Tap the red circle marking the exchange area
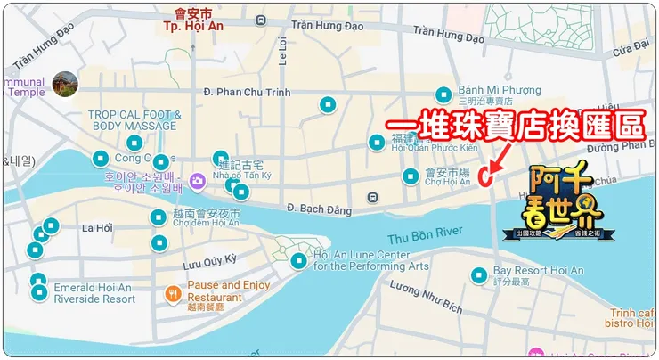(486, 176)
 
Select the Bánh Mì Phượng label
(500, 90)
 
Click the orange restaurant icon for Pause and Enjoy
(172, 290)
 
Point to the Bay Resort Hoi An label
(539, 270)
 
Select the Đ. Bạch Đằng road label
(315, 207)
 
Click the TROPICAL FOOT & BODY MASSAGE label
(134, 120)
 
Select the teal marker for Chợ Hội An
(411, 176)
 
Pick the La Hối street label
(97, 228)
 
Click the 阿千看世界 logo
(566, 203)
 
